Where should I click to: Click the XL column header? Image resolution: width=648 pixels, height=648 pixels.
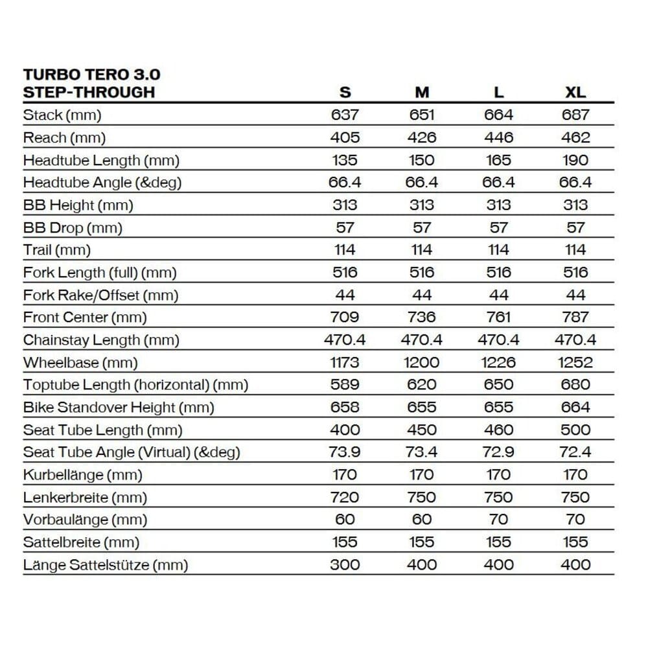575,92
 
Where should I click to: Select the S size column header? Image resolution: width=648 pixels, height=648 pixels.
345,92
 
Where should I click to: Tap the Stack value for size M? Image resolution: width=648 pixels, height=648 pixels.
422,115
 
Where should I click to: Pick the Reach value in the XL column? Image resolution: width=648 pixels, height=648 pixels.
575,137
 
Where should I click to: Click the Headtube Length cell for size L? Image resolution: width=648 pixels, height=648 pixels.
498,160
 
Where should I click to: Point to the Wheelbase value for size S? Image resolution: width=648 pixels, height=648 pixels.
345,362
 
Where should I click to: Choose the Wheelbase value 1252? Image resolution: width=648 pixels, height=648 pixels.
575,362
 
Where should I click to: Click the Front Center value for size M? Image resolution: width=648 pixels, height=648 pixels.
422,317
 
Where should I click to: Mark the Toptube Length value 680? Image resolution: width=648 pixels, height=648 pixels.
575,385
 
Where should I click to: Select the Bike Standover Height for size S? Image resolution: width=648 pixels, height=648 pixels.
345,407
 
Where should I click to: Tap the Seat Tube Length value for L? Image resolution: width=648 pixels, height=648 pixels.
498,430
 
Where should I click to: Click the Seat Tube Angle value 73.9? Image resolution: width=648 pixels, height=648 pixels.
345,452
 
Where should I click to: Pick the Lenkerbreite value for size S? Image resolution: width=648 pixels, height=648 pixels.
345,497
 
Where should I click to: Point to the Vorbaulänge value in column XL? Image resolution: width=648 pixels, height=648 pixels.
575,519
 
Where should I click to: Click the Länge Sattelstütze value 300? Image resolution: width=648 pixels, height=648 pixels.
345,564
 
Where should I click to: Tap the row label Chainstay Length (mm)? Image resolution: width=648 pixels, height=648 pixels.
101,340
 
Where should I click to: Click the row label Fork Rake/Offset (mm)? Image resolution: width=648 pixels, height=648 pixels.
100,295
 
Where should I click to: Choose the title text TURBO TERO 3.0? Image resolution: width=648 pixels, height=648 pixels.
92,75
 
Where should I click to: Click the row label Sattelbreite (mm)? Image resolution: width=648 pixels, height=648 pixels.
81,542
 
